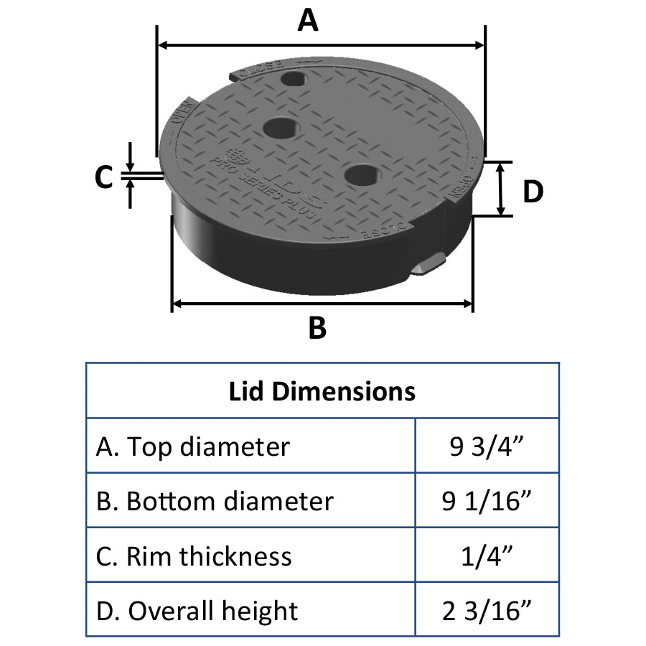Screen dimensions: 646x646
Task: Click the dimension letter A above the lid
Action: [308, 21]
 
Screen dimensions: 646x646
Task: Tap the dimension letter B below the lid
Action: [317, 328]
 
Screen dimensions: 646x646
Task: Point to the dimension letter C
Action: [105, 177]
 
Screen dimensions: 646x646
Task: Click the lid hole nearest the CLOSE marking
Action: [294, 77]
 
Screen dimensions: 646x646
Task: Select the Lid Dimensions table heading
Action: [322, 392]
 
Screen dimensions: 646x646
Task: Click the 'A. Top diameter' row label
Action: [192, 446]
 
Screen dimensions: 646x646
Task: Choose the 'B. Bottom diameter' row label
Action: [215, 501]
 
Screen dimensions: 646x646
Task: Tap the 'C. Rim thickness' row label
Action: [194, 556]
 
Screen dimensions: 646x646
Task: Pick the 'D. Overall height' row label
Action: [197, 611]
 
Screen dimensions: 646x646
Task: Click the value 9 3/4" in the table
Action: [486, 446]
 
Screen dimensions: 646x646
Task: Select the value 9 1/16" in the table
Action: [486, 501]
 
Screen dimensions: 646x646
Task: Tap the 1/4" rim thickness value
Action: [486, 556]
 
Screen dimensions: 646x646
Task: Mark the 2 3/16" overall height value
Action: [486, 611]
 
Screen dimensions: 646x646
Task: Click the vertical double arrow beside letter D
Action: [502, 189]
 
